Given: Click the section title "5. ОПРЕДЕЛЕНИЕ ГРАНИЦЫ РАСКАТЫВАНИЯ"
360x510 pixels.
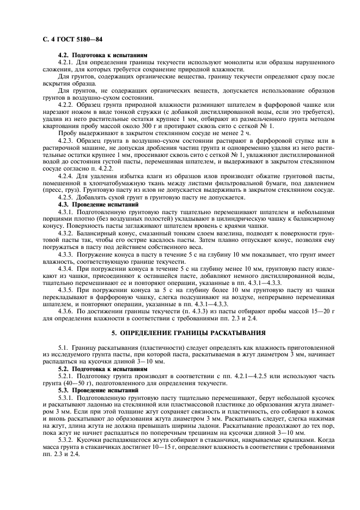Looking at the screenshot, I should coord(180,332).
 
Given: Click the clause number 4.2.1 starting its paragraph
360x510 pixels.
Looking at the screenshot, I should coord(65,62).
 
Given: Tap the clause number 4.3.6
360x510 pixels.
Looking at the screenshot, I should coord(65,310).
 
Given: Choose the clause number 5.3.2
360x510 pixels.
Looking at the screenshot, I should coord(65,439).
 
